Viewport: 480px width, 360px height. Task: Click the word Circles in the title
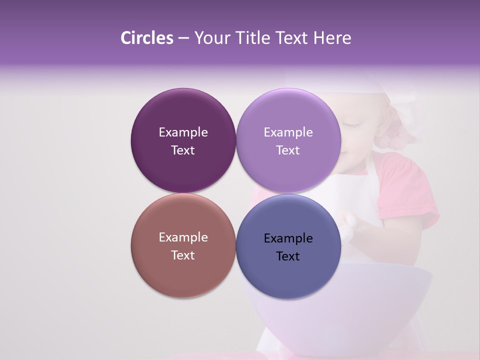click(x=146, y=38)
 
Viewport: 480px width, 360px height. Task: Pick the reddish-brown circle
click(x=183, y=275)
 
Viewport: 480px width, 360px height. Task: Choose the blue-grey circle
click(x=288, y=277)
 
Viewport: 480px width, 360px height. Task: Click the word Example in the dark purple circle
click(x=183, y=132)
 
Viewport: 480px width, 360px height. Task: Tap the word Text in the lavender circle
click(x=288, y=150)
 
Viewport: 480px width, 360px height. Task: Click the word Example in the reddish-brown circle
click(x=183, y=237)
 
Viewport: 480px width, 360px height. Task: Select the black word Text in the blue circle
click(x=288, y=256)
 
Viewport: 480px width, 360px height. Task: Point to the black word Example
click(x=288, y=238)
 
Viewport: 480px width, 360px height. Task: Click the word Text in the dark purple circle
click(x=183, y=150)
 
